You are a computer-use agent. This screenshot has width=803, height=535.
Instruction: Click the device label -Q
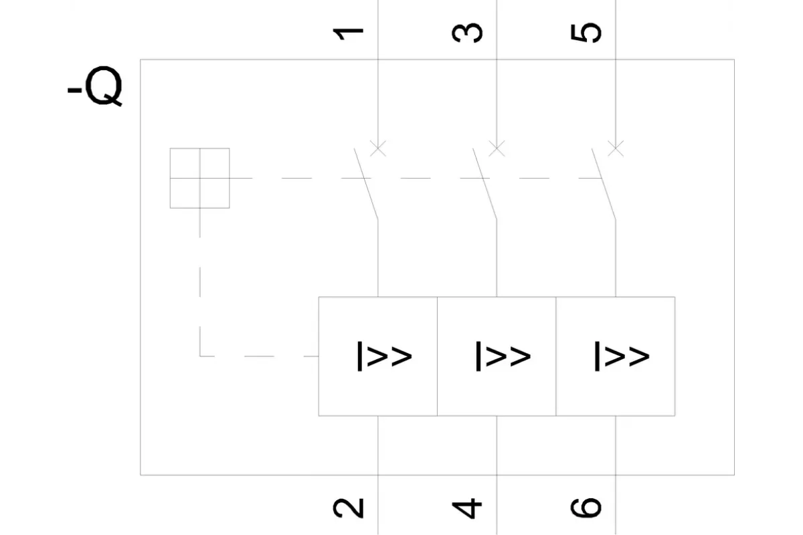pos(95,86)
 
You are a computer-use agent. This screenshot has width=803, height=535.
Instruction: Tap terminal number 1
pos(348,33)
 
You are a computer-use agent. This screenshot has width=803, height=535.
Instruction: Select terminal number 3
pos(467,33)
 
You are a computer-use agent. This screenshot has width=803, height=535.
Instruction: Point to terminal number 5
pos(586,33)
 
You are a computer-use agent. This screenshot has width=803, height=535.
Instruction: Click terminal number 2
pos(348,508)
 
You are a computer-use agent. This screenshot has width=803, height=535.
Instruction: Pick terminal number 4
pos(467,508)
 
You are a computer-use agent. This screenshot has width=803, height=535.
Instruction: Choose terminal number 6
pos(586,508)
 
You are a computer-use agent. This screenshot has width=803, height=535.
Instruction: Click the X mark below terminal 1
pos(378,148)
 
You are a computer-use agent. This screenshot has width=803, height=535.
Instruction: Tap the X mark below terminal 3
pos(497,148)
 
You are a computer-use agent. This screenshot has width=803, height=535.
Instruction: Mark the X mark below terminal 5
pos(616,148)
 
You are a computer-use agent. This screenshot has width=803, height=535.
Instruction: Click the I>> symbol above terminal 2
pos(385,356)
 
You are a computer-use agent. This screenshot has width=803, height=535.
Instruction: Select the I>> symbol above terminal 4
pos(503,356)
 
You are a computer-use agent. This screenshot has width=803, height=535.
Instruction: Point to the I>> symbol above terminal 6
pos(622,356)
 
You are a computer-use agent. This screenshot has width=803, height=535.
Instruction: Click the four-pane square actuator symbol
pos(199,178)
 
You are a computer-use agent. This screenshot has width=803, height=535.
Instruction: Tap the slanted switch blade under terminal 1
pos(366,183)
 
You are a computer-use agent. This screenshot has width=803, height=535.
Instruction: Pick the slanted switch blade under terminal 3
pos(484,183)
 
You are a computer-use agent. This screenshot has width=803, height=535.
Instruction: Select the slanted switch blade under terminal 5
pos(604,183)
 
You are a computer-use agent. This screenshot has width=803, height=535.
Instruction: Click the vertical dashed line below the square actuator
pos(199,282)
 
